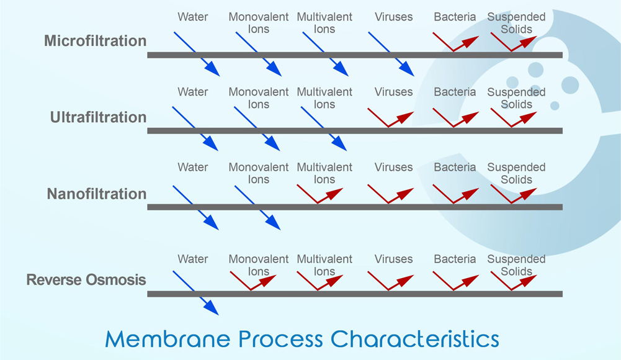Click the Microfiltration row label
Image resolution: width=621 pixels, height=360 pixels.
[x=96, y=42]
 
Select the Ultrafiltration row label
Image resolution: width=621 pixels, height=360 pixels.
[x=99, y=117]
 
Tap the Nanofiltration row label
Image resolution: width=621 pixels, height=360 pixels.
[x=97, y=194]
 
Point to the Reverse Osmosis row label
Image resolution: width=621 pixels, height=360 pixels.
[x=86, y=280]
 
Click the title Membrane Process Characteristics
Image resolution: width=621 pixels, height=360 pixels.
[x=302, y=339]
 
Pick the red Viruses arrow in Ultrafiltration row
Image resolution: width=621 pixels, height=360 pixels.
[x=390, y=117]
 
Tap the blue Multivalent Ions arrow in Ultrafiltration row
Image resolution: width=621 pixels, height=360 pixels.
[x=323, y=129]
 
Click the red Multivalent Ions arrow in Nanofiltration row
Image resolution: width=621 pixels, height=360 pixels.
[x=320, y=194]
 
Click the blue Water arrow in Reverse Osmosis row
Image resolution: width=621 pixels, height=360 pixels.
[x=195, y=292]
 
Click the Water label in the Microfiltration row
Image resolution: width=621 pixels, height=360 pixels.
[x=193, y=17]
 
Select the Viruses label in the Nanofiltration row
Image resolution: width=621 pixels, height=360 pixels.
[x=393, y=168]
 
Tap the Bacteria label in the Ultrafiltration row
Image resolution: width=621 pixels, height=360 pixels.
[x=455, y=92]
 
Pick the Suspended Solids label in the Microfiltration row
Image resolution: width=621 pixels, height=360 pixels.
[x=516, y=23]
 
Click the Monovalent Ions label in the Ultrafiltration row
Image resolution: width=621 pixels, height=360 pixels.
[x=259, y=98]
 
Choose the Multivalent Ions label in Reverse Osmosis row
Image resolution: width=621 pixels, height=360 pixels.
[x=324, y=265]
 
